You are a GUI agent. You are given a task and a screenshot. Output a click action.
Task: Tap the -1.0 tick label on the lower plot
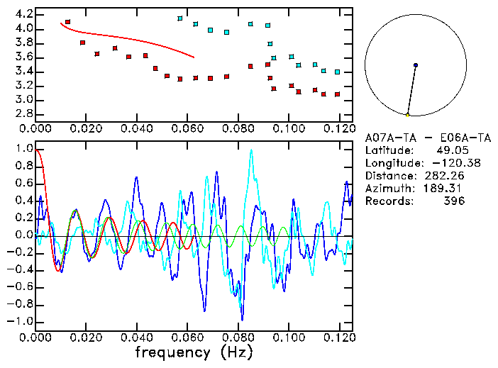pos(20,321)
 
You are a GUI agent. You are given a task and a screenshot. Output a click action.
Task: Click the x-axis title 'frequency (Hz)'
pos(194,352)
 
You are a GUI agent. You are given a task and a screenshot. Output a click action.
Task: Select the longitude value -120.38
pos(445,163)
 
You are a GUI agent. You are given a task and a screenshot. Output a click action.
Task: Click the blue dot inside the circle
pos(416,65)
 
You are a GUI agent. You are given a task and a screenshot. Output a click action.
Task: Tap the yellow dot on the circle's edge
pos(408,115)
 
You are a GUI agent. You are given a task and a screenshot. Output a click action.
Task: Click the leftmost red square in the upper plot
pos(67,22)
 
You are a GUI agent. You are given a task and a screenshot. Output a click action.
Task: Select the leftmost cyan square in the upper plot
pos(180,18)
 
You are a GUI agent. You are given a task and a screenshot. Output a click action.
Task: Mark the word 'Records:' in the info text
pos(388,201)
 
